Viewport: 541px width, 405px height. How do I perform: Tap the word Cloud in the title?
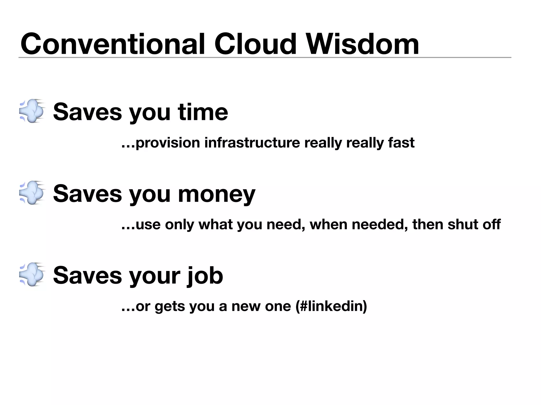pyautogui.click(x=255, y=44)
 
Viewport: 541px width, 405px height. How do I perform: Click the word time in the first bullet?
pyautogui.click(x=203, y=112)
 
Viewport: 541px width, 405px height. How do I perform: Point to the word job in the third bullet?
pyautogui.click(x=205, y=276)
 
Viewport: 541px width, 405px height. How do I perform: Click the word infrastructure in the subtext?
pyautogui.click(x=252, y=143)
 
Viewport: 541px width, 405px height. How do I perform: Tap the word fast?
pyautogui.click(x=401, y=143)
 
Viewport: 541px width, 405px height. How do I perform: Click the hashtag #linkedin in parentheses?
pyautogui.click(x=332, y=306)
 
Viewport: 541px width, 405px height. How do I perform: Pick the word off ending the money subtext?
pyautogui.click(x=492, y=224)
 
